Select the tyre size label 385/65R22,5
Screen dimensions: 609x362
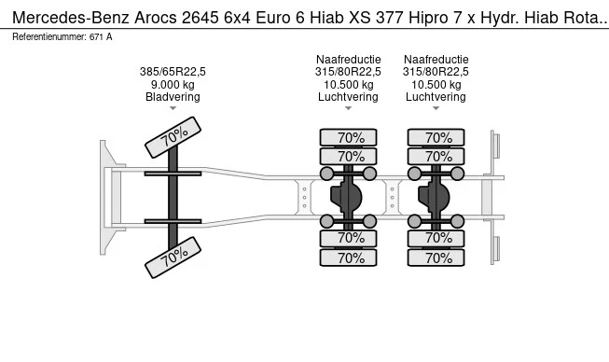click(x=173, y=71)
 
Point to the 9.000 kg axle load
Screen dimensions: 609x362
click(x=173, y=84)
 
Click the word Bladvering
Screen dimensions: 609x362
click(x=173, y=96)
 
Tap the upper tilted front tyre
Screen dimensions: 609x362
click(x=173, y=137)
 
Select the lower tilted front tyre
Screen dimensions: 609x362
click(x=173, y=258)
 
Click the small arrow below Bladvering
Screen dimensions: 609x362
click(x=173, y=108)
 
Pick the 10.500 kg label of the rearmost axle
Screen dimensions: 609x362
click(x=436, y=84)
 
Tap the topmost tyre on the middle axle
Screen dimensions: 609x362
click(x=350, y=137)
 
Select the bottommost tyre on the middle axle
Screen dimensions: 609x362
click(x=350, y=258)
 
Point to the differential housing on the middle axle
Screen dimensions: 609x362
click(x=349, y=197)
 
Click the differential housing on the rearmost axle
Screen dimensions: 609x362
click(x=436, y=197)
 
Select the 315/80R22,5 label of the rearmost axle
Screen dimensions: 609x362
click(x=436, y=71)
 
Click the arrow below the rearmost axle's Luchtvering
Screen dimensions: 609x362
click(x=436, y=108)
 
